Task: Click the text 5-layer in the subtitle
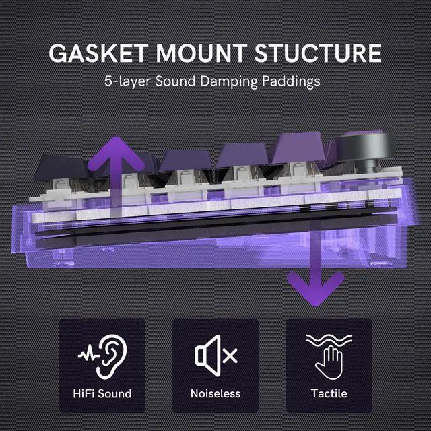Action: pyautogui.click(x=127, y=83)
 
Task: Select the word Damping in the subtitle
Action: pyautogui.click(x=232, y=83)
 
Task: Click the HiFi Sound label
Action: pyautogui.click(x=102, y=393)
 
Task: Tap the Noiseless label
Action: pyautogui.click(x=215, y=393)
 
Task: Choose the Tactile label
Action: pyautogui.click(x=329, y=393)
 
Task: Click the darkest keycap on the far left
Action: pyautogui.click(x=61, y=165)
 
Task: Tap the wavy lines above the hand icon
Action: pyautogui.click(x=329, y=340)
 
